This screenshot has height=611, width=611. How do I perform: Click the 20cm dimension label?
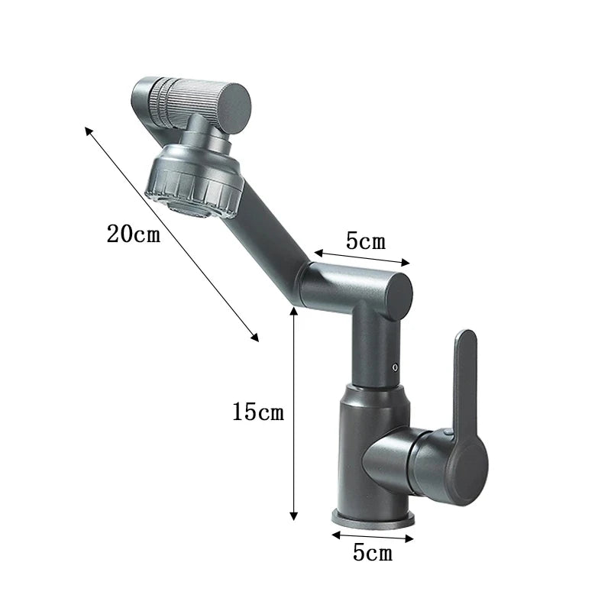134,234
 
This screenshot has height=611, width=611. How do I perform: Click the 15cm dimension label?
258,413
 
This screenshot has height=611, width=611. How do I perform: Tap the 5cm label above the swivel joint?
366,241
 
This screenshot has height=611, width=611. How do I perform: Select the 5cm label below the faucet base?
372,552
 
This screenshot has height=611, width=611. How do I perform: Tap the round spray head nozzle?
193,183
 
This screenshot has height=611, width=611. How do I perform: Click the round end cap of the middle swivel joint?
395,296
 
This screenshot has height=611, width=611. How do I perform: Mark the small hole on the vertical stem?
395,368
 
